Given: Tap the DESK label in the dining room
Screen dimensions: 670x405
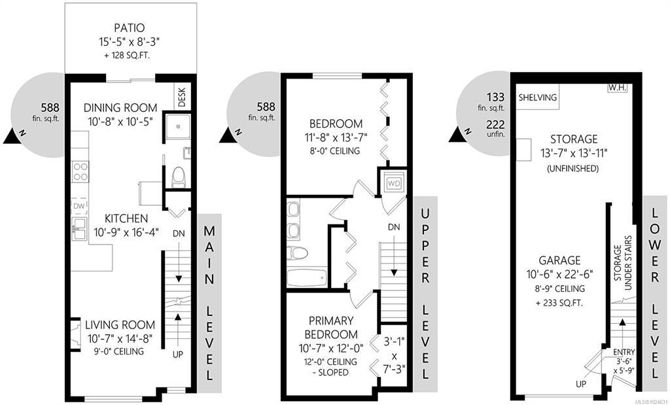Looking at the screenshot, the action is (182, 98).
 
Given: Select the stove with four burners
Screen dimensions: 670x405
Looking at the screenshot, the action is (80, 171).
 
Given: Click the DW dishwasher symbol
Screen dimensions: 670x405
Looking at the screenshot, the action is (79, 207).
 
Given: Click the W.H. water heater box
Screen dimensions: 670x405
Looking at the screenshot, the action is (616, 88).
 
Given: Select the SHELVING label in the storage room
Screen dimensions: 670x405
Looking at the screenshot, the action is (538, 97).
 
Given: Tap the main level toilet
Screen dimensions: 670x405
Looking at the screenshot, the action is (179, 177).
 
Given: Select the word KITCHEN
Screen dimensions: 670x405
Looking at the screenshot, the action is (126, 219).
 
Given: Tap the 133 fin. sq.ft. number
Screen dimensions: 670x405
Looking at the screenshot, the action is (495, 97).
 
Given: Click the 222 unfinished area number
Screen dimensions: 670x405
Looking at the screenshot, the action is (495, 125).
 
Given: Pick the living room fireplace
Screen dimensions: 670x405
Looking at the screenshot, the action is (75, 334).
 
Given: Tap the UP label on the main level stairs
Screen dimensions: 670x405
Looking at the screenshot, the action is (178, 355).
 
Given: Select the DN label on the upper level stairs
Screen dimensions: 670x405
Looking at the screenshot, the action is (394, 227).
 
